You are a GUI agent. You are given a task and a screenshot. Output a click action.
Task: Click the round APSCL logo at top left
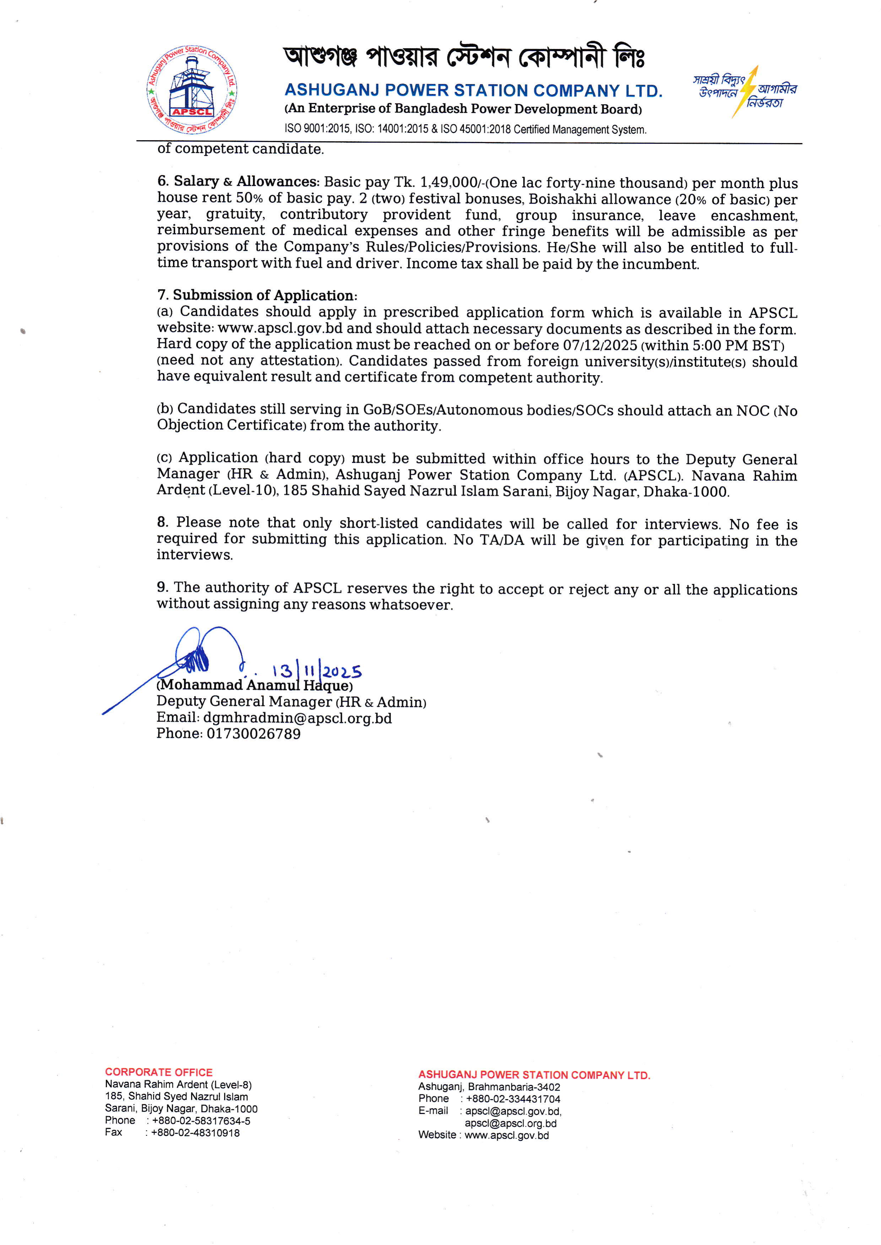(191, 90)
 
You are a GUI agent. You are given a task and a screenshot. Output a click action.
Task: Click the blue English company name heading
(473, 90)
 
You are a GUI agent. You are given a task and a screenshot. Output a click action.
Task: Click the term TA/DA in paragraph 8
(502, 540)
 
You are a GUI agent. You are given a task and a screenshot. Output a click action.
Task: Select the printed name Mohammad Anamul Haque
(254, 685)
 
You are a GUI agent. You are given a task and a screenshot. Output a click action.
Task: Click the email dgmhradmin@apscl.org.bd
(297, 718)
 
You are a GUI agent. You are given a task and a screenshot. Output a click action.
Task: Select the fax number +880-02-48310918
(195, 1133)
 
